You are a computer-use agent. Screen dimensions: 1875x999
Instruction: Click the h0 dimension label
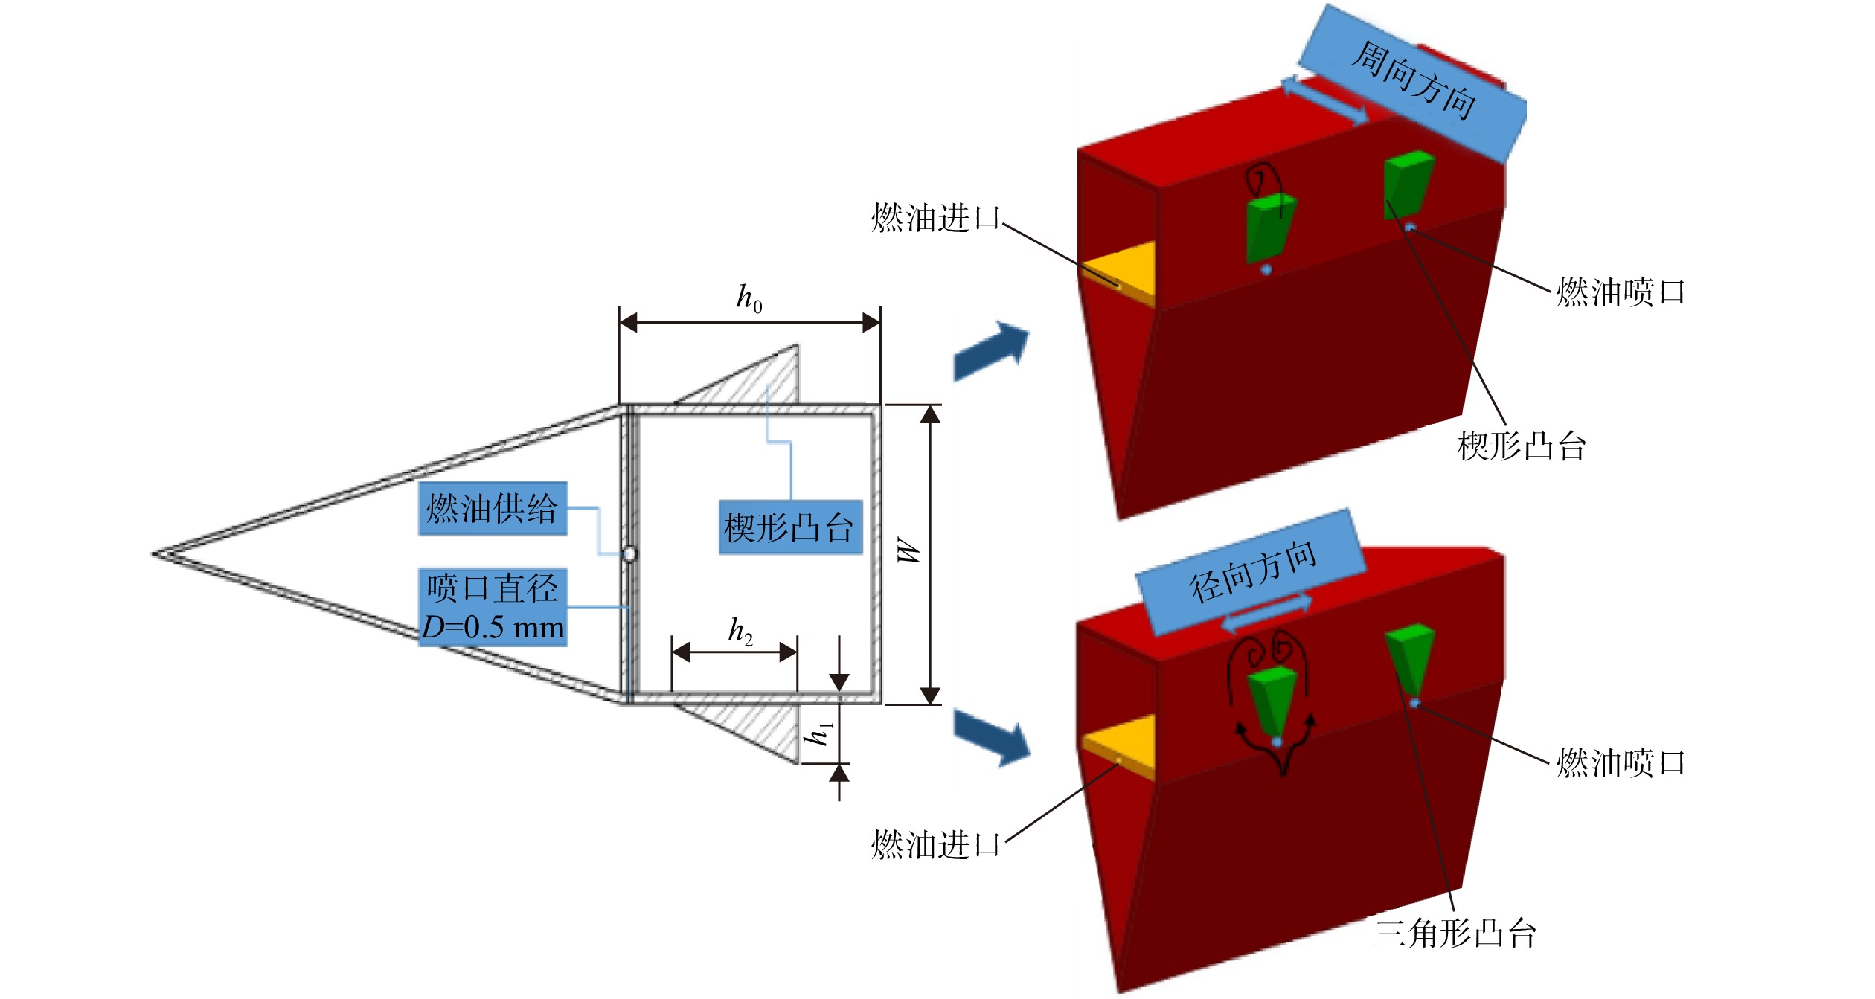coord(749,300)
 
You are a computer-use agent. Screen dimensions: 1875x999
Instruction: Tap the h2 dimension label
coord(740,632)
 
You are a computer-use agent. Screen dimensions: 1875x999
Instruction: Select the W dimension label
coord(909,550)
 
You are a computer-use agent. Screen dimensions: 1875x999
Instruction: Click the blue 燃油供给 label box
coord(493,509)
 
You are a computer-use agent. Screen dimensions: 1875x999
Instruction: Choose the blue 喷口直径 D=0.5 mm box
coord(493,608)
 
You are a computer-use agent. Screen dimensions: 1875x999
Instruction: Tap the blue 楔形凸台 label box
coord(790,528)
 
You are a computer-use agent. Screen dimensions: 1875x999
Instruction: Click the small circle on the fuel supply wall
coord(629,554)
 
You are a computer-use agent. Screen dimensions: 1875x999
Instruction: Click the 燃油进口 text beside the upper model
coord(936,218)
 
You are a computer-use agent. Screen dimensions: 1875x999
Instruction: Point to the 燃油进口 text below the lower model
coord(936,845)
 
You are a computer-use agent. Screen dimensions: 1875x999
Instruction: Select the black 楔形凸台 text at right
coord(1522,446)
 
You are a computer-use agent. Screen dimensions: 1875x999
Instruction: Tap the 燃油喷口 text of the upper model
coord(1621,292)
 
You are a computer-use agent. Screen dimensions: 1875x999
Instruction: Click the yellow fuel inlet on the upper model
coord(1118,273)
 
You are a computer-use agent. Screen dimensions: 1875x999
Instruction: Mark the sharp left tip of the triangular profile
coord(153,554)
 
